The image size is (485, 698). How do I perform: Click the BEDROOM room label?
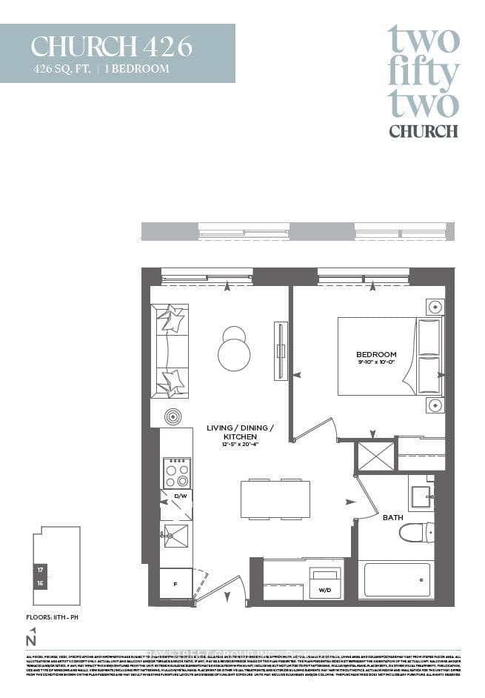[x=376, y=354]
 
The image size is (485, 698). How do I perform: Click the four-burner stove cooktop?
[x=176, y=473]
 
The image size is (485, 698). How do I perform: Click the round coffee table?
[x=234, y=353]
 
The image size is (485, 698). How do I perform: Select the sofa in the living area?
[x=170, y=350]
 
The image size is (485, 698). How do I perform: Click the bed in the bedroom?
[x=389, y=356]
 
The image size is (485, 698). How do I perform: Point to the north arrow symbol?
[x=31, y=636]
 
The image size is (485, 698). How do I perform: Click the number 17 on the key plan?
[x=39, y=570]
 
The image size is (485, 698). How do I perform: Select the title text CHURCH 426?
[x=111, y=46]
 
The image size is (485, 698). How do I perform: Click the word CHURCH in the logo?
[x=423, y=131]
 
